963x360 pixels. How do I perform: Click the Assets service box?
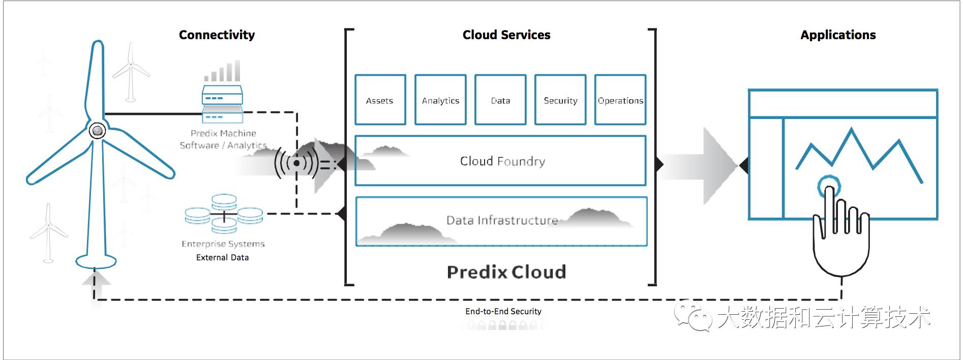[x=380, y=100]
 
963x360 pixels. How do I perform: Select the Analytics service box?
[x=440, y=100]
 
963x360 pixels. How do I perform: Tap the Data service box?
[x=500, y=100]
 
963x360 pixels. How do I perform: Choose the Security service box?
[x=560, y=100]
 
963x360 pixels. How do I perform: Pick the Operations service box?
[x=620, y=100]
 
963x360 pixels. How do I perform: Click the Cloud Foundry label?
[x=502, y=161]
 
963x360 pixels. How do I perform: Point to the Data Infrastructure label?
[x=502, y=220]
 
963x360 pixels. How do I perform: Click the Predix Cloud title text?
[x=506, y=272]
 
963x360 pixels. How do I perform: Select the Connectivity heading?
[x=217, y=35]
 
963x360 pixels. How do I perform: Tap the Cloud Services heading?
[x=506, y=35]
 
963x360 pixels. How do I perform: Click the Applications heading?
[x=838, y=35]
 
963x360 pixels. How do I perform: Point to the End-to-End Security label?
[x=503, y=311]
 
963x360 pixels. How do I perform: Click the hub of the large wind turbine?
[x=97, y=131]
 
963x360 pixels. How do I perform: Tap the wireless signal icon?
[x=296, y=163]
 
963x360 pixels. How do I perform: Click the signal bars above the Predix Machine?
[x=223, y=72]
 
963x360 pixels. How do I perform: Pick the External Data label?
[x=222, y=258]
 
